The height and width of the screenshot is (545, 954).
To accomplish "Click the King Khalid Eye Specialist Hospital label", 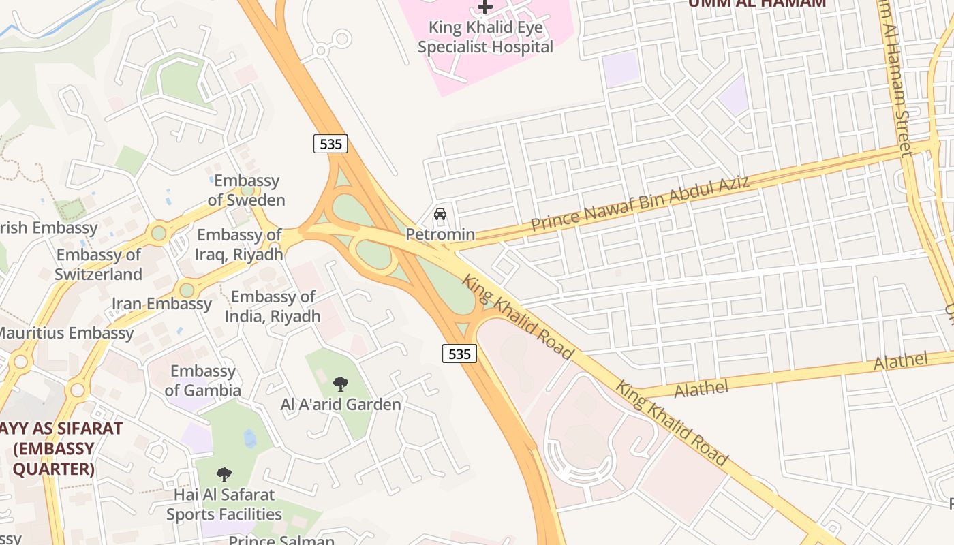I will (485, 37).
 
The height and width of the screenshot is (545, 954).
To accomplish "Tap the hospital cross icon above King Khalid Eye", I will (485, 7).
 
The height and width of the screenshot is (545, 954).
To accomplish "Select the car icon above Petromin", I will (440, 214).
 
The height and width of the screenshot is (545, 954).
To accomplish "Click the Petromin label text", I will (440, 234).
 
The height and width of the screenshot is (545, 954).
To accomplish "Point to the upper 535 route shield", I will (330, 144).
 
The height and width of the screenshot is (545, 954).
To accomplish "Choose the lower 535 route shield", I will (459, 354).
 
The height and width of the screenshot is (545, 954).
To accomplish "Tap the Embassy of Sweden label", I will (247, 191).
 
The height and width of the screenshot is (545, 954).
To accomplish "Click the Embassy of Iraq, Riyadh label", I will (240, 245).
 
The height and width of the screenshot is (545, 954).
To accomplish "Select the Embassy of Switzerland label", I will (99, 264).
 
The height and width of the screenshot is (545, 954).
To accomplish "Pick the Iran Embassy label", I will (161, 304).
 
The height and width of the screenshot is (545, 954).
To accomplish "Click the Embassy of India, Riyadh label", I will (273, 307).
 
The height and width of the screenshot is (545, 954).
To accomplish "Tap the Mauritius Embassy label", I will (66, 333).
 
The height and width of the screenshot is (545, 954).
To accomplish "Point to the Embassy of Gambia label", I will (203, 381).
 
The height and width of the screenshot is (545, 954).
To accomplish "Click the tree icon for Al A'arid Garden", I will (341, 384).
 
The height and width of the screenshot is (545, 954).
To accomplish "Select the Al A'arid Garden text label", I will (341, 405).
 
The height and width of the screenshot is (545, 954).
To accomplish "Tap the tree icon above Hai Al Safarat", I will (224, 475).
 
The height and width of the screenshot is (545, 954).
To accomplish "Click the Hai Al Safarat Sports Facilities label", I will (224, 505).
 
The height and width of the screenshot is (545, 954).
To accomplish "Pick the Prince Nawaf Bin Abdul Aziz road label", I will (640, 203).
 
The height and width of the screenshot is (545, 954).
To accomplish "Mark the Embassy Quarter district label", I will (55, 449).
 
